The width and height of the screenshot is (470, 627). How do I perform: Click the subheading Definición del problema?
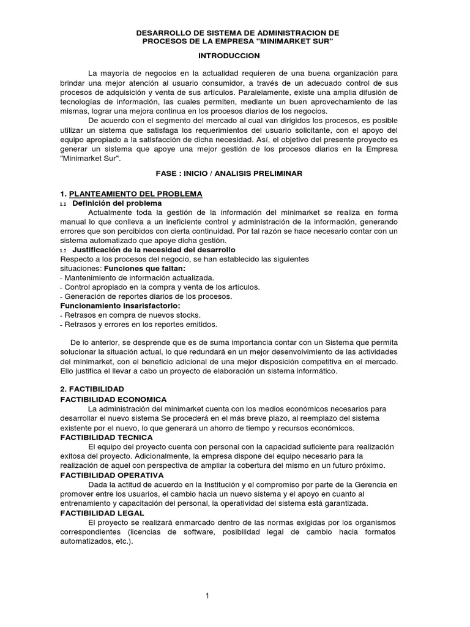(117, 203)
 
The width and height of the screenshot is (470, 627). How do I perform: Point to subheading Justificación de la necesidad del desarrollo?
(154, 250)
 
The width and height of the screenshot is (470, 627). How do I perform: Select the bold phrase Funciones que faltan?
(144, 269)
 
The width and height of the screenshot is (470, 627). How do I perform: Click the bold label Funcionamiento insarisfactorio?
(119, 306)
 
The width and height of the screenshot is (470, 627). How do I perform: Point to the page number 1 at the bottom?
(208, 595)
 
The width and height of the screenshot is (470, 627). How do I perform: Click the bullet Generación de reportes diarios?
(147, 296)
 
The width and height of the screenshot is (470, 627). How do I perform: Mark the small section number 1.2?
(63, 250)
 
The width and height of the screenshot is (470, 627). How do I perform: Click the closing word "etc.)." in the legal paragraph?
(121, 541)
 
